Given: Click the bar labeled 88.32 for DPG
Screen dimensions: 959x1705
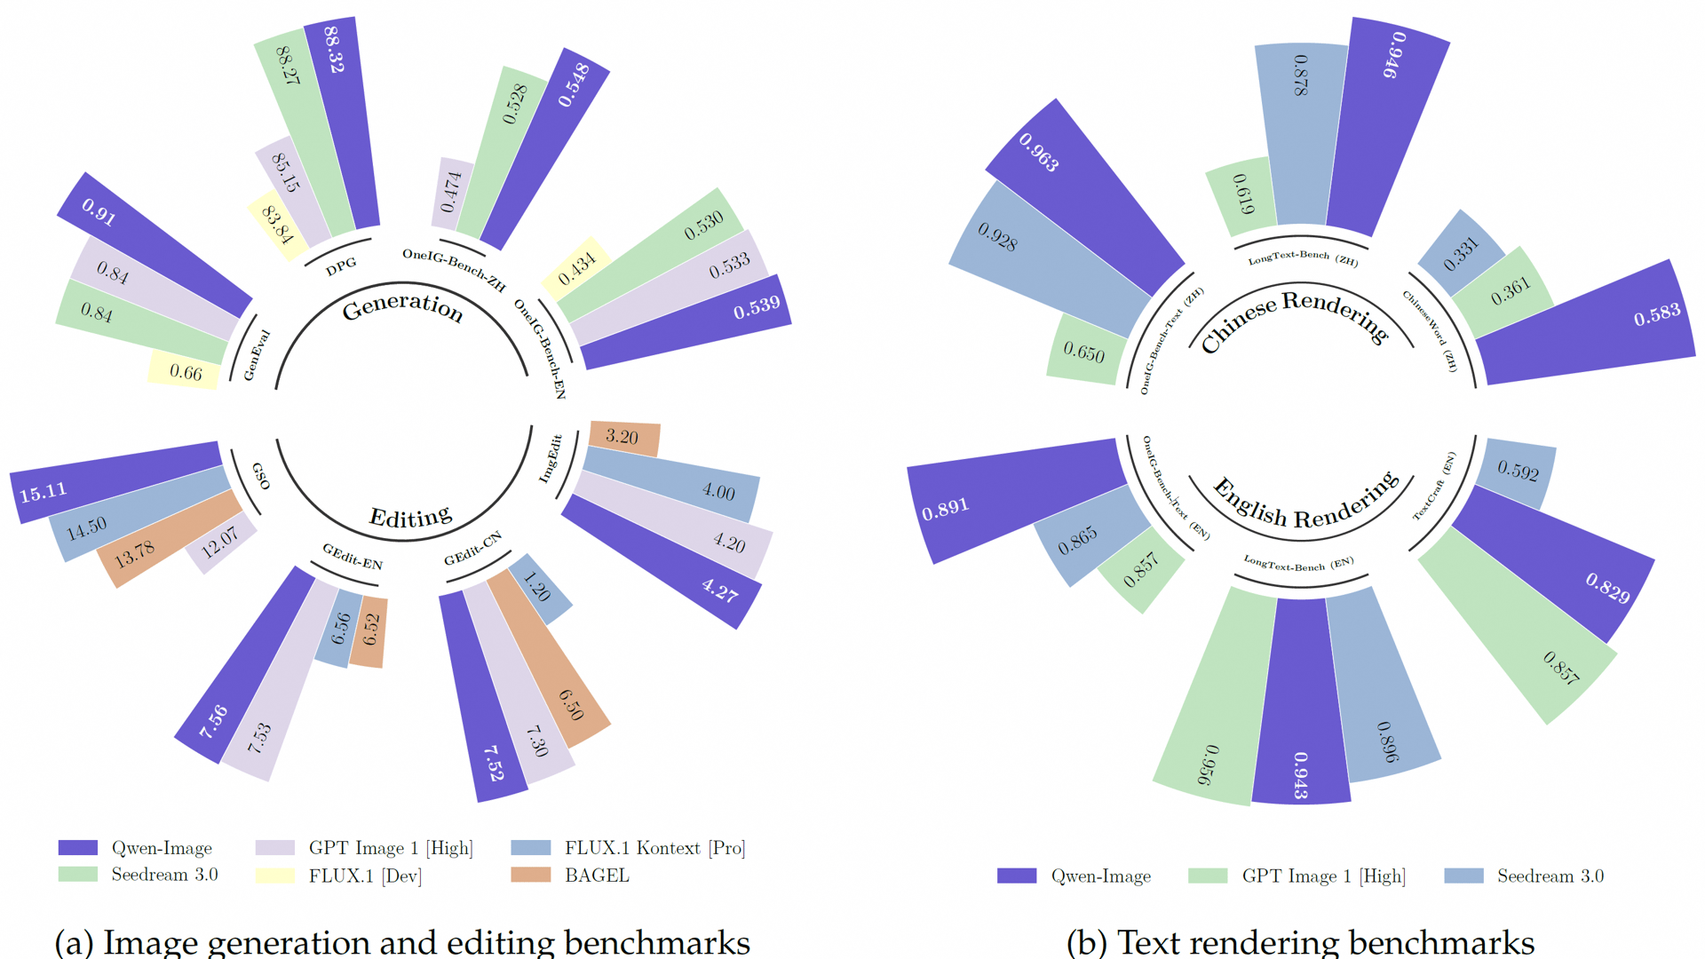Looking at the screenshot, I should tap(343, 124).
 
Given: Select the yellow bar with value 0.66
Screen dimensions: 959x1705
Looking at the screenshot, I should tap(185, 370).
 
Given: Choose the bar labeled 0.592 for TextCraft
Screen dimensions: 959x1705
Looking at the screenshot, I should tap(1516, 472).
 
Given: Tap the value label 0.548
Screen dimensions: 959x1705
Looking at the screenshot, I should tap(574, 84).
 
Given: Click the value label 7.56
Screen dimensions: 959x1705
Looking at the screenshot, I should tap(213, 722).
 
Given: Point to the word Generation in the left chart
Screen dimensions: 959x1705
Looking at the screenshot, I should tap(402, 307).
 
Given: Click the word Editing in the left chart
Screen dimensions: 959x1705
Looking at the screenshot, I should tap(410, 517).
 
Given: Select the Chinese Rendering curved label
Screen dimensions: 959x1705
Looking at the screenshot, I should tap(1294, 318).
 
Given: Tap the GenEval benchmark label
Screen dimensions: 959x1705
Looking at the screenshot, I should tap(257, 355).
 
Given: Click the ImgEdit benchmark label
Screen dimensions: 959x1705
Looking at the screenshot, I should tap(551, 458).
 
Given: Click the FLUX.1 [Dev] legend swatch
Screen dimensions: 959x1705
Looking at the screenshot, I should tap(275, 876).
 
